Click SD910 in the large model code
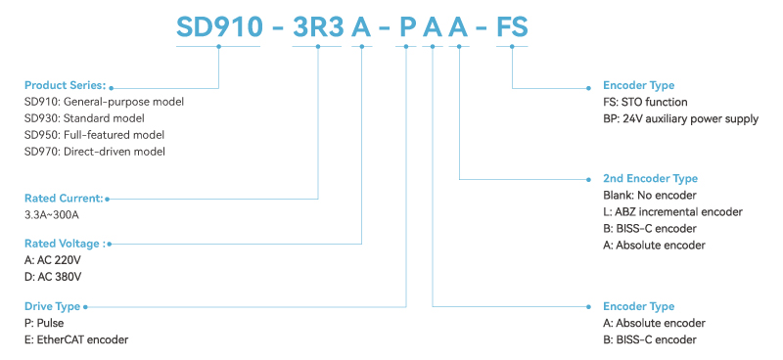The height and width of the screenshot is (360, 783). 217,26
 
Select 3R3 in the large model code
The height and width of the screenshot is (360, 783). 318,26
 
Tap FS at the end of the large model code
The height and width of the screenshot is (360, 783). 512,26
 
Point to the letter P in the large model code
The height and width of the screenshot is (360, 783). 406,26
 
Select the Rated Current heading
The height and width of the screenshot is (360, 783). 63,198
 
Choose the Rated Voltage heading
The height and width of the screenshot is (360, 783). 64,243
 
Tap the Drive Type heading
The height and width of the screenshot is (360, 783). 52,306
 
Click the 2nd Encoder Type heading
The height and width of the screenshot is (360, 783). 650,179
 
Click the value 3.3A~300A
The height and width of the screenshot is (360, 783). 51,214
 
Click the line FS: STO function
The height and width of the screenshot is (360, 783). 645,102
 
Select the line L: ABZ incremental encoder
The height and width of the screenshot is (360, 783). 672,211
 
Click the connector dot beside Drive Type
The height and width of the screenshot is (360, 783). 86,306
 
